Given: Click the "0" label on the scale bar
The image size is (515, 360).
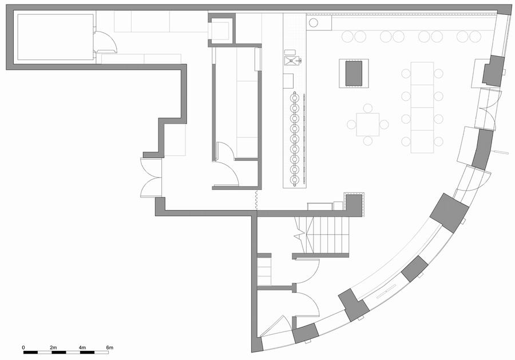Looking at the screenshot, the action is point(23,347).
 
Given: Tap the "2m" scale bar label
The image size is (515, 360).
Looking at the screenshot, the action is point(53,347).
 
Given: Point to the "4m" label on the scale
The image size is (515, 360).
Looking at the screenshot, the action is point(82,347).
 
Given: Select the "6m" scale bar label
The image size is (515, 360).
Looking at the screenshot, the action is point(110,347).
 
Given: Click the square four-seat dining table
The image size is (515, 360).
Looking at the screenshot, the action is point(368,125).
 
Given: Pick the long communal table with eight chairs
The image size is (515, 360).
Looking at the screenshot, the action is point(422,108).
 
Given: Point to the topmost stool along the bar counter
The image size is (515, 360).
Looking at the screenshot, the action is point(295,97).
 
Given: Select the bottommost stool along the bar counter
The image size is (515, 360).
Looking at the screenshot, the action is point(295,179).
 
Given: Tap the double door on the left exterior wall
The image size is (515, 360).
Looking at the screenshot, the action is point(151,177).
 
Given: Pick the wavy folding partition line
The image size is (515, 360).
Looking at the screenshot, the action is point(256,199).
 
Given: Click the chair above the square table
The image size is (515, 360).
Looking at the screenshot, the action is point(368,108).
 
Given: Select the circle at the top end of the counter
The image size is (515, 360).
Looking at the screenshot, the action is point(314,23).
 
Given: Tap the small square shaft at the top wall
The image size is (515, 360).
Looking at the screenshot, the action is point(221,30).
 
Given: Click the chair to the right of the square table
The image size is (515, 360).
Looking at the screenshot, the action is point(384,125).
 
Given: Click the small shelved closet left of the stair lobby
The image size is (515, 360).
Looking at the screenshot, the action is point(264,271).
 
